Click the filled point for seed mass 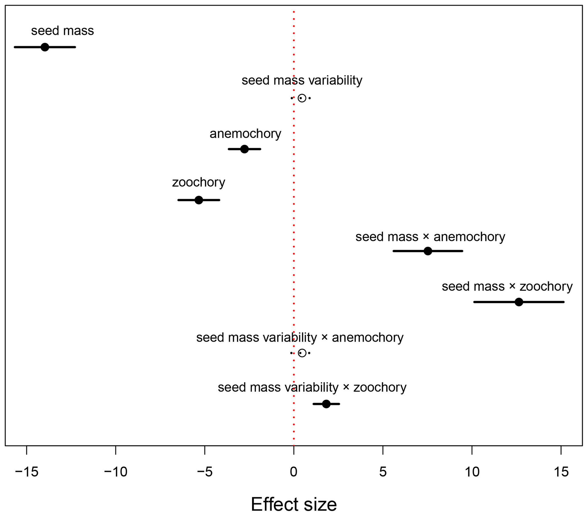pos(45,47)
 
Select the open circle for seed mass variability pos(302,98)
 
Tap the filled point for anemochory pos(244,149)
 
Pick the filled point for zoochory pos(199,200)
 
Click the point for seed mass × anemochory pos(428,251)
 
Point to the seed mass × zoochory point pos(519,302)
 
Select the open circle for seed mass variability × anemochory pos(302,353)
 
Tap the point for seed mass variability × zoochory pos(326,404)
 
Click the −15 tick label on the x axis pos(26,472)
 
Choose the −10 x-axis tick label pos(115,472)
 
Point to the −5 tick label pos(205,472)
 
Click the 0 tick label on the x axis pos(294,472)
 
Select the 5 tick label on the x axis pos(383,472)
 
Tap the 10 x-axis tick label pos(472,472)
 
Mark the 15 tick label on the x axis pos(561,472)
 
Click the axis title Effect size pos(294,504)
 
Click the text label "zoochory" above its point pos(199,182)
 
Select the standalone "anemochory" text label pos(245,134)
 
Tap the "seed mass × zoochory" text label pos(507,286)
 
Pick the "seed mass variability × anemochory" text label pos(300,337)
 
